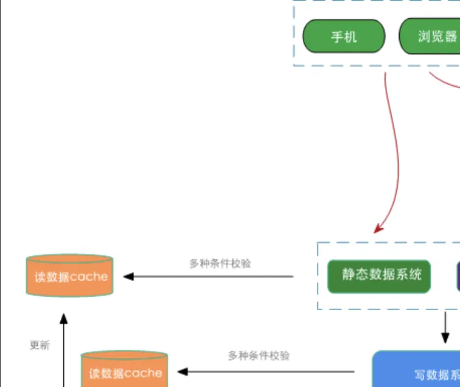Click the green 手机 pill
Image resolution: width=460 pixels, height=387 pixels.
(x=344, y=37)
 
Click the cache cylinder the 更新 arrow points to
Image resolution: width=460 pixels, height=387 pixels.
(x=69, y=277)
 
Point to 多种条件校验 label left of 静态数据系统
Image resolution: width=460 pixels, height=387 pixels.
(x=220, y=264)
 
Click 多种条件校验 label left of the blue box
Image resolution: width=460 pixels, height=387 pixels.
(x=259, y=356)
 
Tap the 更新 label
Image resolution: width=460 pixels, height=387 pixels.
(x=40, y=345)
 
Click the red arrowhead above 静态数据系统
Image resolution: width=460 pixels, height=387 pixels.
(x=378, y=229)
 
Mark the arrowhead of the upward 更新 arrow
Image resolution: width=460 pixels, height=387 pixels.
(x=64, y=318)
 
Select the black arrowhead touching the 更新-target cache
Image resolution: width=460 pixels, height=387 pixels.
(x=129, y=277)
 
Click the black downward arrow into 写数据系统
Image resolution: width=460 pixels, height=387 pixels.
(x=445, y=330)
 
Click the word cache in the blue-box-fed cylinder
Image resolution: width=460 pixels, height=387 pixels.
(x=144, y=373)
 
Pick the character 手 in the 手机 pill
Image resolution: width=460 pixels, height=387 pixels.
(x=337, y=37)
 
